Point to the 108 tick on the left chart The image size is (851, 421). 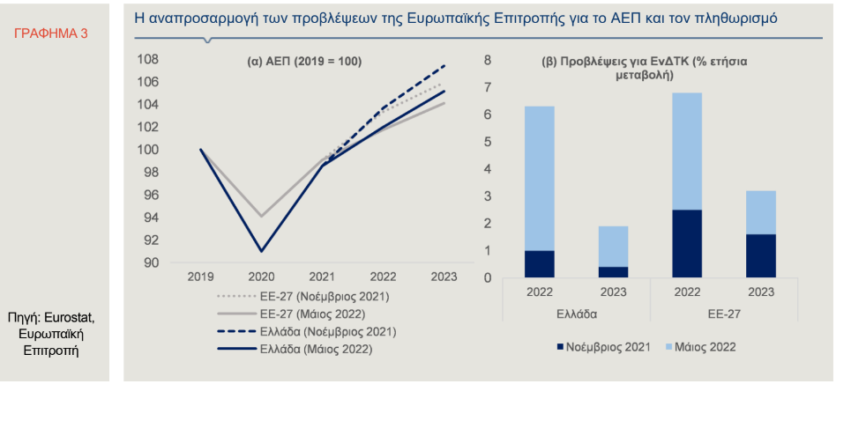148,60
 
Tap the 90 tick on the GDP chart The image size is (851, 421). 152,262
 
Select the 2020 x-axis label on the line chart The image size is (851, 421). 261,277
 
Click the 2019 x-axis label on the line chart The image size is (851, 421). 201,277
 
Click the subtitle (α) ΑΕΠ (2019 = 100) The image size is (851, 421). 303,62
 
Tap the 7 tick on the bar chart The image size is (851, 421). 487,88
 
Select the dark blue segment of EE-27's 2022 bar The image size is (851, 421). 687,243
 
